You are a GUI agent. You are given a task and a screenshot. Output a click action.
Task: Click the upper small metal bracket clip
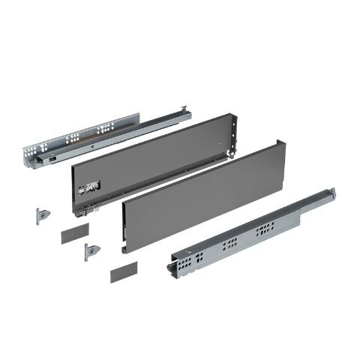pyautogui.click(x=43, y=214)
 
